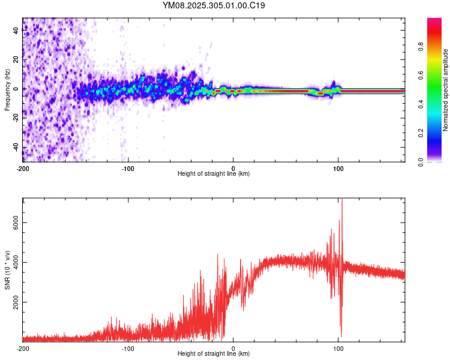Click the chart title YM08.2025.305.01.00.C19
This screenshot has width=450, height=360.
pyautogui.click(x=214, y=5)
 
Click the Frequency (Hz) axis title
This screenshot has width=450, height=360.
pyautogui.click(x=7, y=90)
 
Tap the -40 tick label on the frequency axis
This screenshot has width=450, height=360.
pyautogui.click(x=16, y=148)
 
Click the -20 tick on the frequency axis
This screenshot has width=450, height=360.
pyautogui.click(x=16, y=118)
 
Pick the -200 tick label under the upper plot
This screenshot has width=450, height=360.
pyautogui.click(x=23, y=168)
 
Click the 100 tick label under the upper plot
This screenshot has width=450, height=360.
pyautogui.click(x=338, y=168)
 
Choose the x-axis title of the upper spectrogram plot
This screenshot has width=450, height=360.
pyautogui.click(x=214, y=174)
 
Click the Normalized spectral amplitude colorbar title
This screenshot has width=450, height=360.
pyautogui.click(x=445, y=90)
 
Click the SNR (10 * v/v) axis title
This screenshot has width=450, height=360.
pyautogui.click(x=7, y=270)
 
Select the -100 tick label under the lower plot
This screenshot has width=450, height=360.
pyautogui.click(x=128, y=348)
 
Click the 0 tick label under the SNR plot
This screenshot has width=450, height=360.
pyautogui.click(x=233, y=348)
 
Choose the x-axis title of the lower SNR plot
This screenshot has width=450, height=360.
pyautogui.click(x=214, y=354)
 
